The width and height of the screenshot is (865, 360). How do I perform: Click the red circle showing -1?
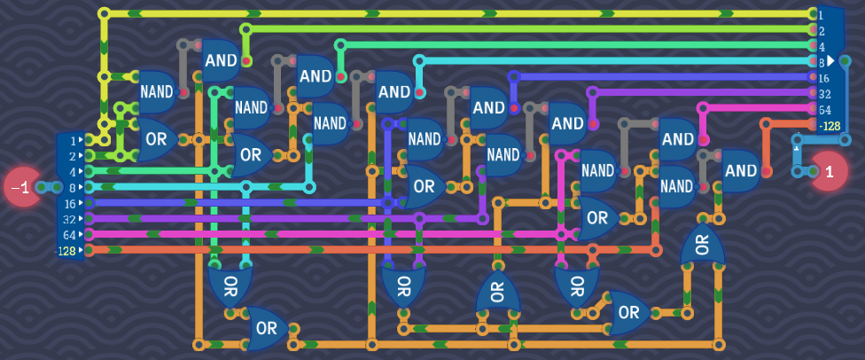pos(19,187)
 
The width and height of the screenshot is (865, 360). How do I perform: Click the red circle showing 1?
pos(830,171)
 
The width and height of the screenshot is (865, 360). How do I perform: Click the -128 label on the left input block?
pos(66,251)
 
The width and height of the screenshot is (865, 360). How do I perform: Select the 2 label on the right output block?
pos(822,30)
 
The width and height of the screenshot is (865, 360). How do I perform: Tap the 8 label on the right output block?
pos(822,62)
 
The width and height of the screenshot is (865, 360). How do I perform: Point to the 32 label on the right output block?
pos(824,93)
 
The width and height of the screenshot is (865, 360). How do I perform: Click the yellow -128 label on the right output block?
pos(830,126)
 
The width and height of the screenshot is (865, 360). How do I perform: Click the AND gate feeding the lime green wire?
pos(220,60)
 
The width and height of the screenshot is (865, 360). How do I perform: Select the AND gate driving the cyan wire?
pos(394,92)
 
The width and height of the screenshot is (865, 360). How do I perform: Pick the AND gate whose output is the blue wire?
pos(487,107)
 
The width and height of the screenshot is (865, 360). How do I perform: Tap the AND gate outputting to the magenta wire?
pos(678,138)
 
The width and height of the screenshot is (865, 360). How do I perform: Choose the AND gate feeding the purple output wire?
pos(567,123)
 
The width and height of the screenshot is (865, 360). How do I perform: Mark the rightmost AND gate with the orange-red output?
pos(741,170)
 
